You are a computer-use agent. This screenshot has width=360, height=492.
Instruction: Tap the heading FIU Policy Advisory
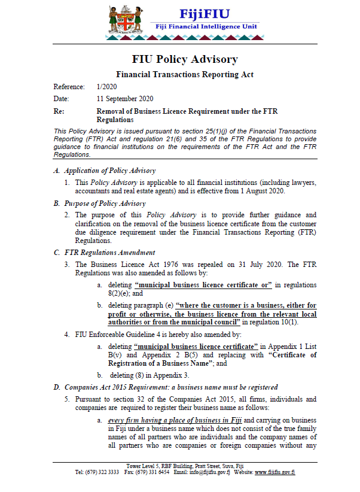click(184, 59)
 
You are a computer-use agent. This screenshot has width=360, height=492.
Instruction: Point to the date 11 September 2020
click(125, 99)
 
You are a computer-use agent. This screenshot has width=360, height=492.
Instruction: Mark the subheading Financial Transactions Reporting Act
click(184, 74)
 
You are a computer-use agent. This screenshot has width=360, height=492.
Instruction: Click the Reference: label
click(69, 87)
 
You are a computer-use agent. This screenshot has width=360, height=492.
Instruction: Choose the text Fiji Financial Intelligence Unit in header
click(204, 28)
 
